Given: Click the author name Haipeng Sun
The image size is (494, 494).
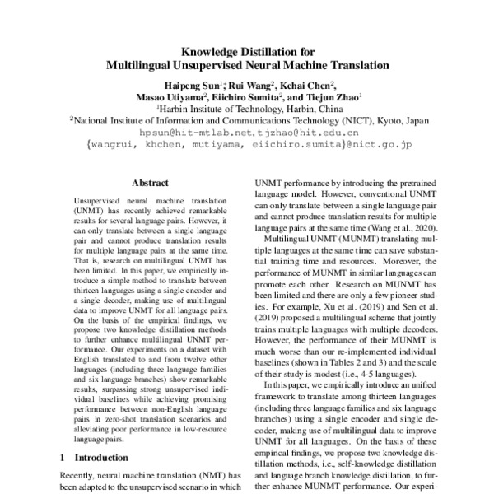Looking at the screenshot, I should (191, 84).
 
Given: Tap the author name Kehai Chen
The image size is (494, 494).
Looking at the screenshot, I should (309, 84).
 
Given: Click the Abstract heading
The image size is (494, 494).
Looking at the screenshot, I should (149, 186).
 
